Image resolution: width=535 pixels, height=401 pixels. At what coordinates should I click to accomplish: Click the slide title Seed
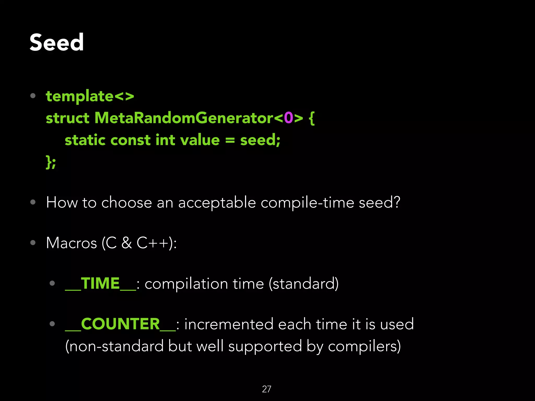[56, 42]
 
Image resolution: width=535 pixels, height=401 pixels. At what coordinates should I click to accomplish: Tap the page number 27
[266, 389]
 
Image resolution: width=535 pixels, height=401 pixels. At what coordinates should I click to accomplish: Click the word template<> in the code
[90, 96]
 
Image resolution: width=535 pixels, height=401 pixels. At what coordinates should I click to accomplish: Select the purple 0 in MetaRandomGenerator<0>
[288, 118]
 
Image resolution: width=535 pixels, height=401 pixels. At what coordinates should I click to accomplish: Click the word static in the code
[85, 140]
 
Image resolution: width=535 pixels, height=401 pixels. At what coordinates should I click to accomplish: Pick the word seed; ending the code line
[260, 140]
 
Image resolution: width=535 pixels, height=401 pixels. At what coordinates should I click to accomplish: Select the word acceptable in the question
[217, 203]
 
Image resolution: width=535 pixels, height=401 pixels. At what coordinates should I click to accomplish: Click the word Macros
[71, 243]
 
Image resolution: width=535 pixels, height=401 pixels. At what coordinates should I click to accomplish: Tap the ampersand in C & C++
[127, 243]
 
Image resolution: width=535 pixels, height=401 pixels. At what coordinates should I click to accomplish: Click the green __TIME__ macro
[100, 284]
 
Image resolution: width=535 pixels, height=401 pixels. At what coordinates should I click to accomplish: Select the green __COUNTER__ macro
[120, 324]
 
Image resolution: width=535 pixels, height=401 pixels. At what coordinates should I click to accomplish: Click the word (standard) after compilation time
[304, 284]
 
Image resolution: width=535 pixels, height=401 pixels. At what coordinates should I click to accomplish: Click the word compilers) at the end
[364, 347]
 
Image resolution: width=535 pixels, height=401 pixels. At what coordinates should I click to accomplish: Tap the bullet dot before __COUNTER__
[52, 324]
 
